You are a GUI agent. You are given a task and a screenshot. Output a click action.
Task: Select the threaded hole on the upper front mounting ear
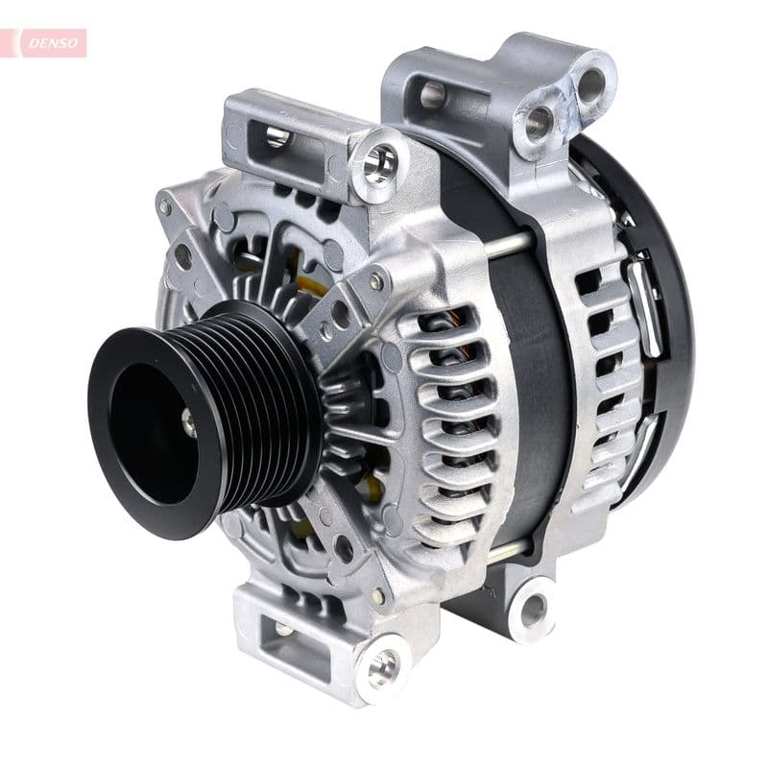pyautogui.click(x=379, y=161)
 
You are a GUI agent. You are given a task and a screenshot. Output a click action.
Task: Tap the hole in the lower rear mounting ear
pyautogui.click(x=533, y=609)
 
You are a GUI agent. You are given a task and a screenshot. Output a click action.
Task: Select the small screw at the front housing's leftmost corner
pyautogui.click(x=165, y=206)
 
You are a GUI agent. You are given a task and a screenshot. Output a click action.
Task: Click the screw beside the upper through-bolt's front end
pyautogui.click(x=377, y=281)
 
